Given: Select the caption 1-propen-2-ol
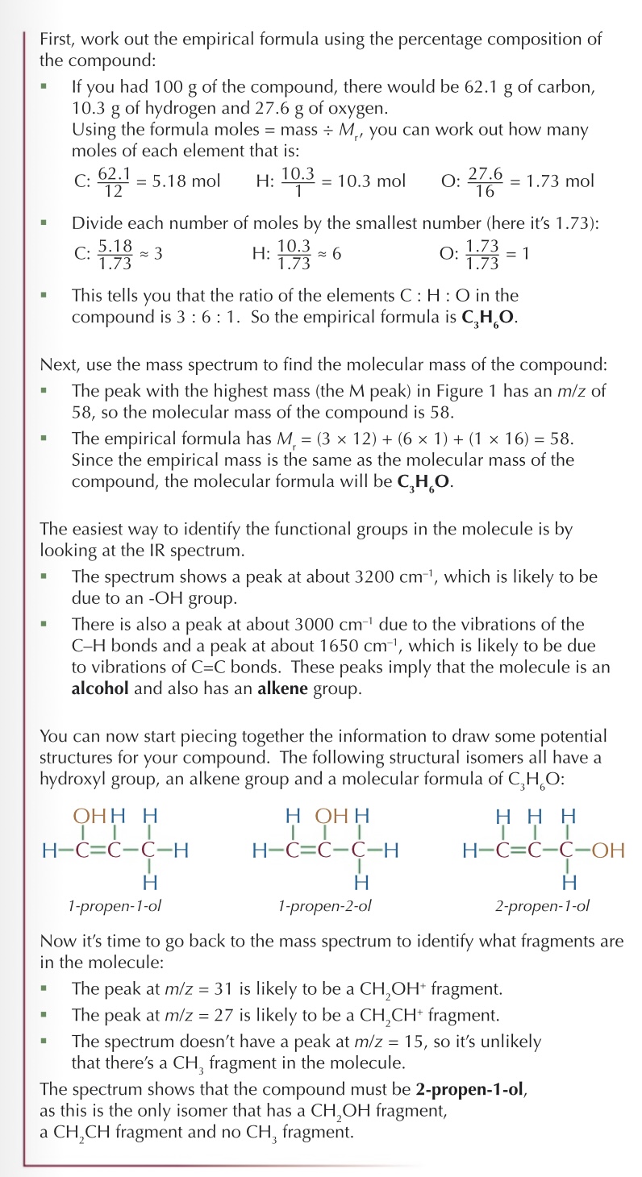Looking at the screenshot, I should (324, 905).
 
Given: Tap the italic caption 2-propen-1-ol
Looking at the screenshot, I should (542, 905).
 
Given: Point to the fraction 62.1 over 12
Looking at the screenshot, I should (113, 181).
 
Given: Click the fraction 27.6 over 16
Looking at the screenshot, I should (485, 181).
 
